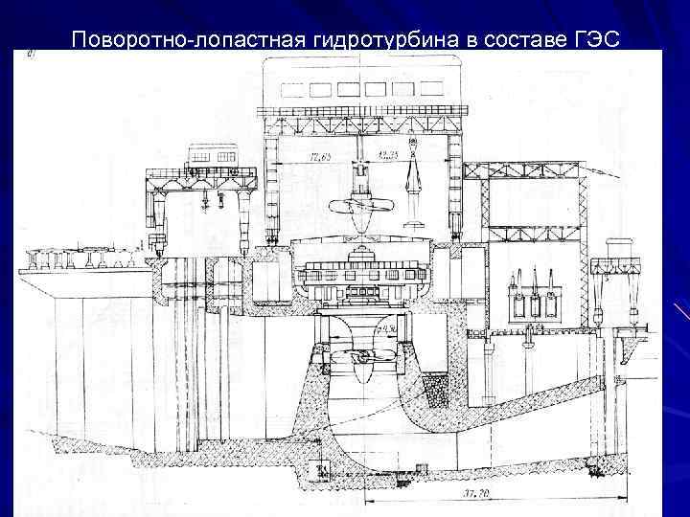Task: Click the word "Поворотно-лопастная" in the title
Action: tap(188, 39)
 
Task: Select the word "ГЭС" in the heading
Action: tap(598, 39)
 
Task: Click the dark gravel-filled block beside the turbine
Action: tap(436, 388)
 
